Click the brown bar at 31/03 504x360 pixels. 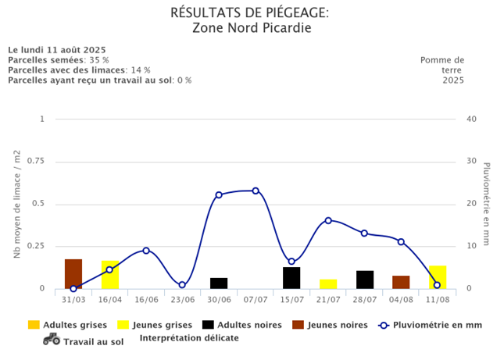tap(73, 274)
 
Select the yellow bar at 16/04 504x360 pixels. tap(110, 275)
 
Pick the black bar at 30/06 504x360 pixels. tap(219, 283)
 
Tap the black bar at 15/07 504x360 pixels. tap(291, 278)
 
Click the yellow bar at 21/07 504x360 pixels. tap(328, 284)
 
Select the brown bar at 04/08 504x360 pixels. tap(401, 282)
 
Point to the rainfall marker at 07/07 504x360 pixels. tap(256, 191)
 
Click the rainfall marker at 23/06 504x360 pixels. tap(182, 285)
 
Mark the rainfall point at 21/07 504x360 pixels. tap(328, 220)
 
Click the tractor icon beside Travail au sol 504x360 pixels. tap(52, 339)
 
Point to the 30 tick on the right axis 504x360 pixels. tap(471, 162)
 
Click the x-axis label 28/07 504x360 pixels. tap(364, 299)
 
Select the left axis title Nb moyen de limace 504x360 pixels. tap(17, 205)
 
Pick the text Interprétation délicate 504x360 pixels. tap(189, 338)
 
